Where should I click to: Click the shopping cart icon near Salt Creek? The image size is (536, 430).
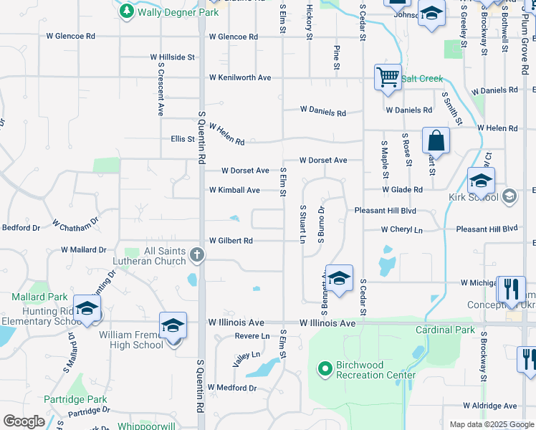coord(388,75)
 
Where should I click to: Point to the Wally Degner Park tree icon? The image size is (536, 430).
coord(127,11)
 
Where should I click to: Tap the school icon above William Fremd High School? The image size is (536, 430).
coord(173,325)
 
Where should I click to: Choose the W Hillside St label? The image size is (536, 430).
coord(173,57)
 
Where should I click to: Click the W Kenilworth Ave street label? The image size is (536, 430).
coord(240,77)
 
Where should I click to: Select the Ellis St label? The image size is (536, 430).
coord(183,139)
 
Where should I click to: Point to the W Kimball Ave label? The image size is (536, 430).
coord(234,190)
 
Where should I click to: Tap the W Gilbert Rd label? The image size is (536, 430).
coord(231,241)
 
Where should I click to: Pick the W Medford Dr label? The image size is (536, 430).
coord(232,388)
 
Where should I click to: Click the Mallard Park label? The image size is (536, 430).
coord(39,297)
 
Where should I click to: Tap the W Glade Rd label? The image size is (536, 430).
coord(402,189)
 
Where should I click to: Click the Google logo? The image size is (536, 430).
coord(24,421)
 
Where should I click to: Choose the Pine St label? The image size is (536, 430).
coord(336,57)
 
